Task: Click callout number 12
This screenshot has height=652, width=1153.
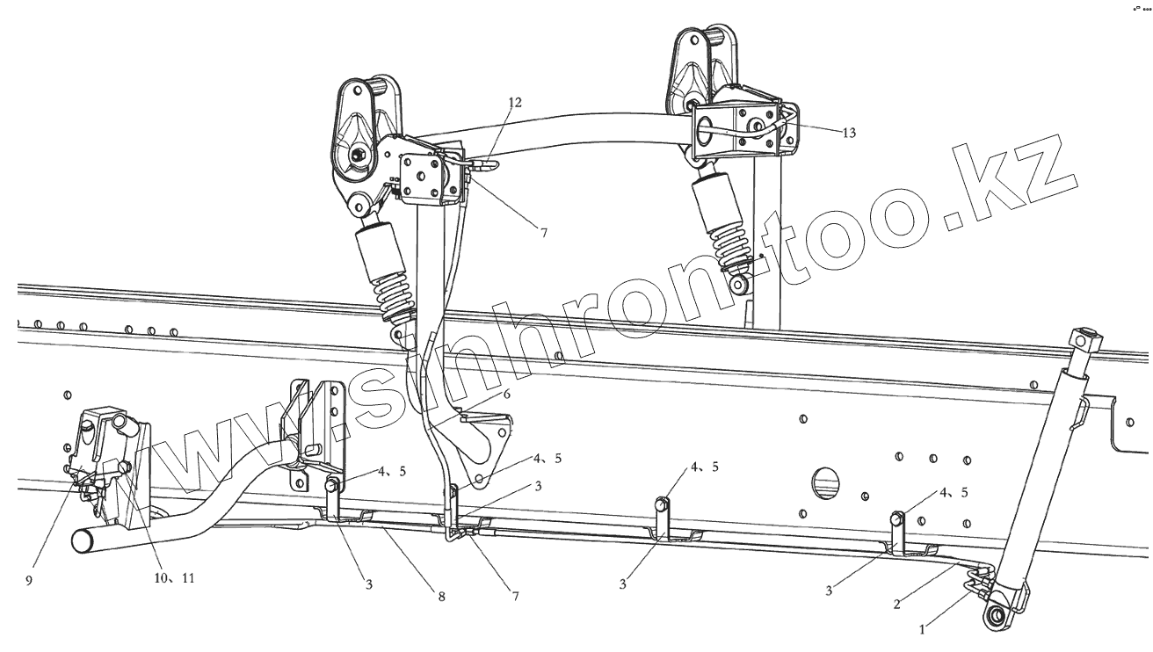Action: click(x=514, y=103)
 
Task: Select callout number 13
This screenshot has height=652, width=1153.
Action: click(x=848, y=133)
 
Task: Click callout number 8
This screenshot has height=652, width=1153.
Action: click(x=441, y=597)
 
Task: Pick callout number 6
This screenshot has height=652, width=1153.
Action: click(x=506, y=395)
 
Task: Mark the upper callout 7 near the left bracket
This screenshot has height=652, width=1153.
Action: click(x=544, y=233)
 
